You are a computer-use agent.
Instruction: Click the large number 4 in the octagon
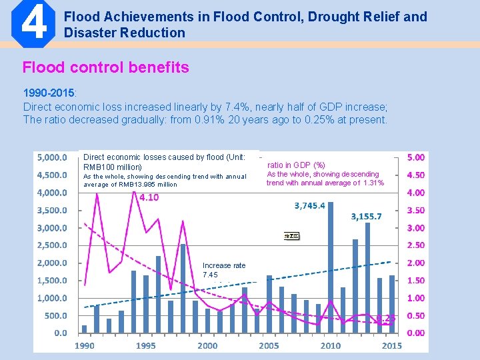(x=34, y=24)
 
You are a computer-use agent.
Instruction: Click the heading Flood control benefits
(x=105, y=67)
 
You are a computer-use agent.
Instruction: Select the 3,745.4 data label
(x=309, y=205)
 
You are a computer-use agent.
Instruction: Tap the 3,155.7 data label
(x=366, y=216)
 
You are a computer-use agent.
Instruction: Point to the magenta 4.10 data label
(x=149, y=197)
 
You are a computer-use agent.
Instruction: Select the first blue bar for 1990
(x=85, y=329)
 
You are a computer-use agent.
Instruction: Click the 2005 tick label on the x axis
(x=269, y=345)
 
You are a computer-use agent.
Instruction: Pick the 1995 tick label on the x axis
(x=146, y=345)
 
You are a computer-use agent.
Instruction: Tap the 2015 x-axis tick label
(x=392, y=345)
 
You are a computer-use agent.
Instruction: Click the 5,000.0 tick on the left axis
(x=51, y=158)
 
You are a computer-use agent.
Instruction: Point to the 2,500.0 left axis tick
(x=51, y=245)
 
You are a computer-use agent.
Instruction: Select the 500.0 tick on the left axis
(x=55, y=315)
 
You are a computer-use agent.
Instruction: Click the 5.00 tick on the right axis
(x=415, y=158)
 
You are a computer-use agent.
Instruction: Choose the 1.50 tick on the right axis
(x=415, y=281)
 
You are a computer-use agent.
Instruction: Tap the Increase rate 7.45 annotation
(x=223, y=270)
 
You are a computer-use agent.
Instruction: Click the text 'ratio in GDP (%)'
(x=296, y=165)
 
